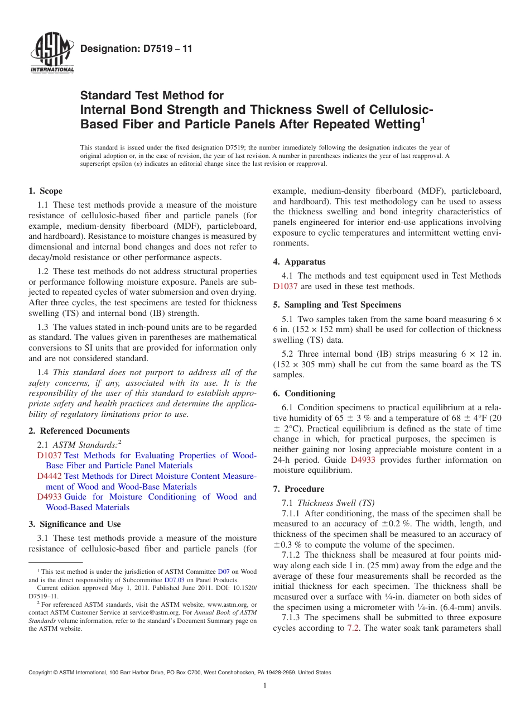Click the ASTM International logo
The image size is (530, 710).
pyautogui.click(x=52, y=54)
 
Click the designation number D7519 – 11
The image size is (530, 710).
pyautogui.click(x=136, y=49)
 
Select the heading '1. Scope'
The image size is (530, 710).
pyautogui.click(x=46, y=191)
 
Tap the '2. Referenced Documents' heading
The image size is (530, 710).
pyautogui.click(x=79, y=431)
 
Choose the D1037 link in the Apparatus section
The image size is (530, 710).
pyautogui.click(x=285, y=286)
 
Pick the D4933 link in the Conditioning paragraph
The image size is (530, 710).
pyautogui.click(x=363, y=460)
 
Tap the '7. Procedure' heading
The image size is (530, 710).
pyautogui.click(x=298, y=489)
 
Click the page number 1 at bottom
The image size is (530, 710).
pyautogui.click(x=265, y=686)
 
